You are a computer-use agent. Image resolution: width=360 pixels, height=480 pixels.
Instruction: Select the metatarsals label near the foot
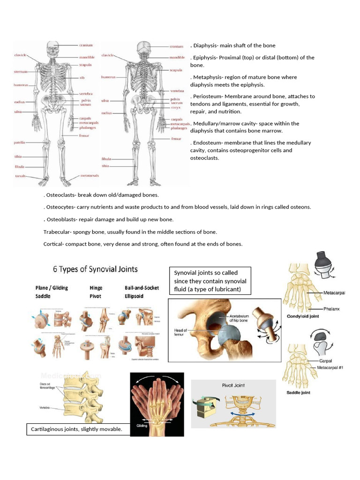90,176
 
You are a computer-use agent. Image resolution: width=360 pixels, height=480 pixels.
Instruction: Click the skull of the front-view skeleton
53,48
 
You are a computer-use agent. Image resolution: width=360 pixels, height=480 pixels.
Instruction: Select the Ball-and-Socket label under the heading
142,288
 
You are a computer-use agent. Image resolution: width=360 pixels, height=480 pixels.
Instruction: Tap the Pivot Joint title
233,385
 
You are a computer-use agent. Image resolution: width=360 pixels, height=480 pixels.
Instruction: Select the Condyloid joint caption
303,316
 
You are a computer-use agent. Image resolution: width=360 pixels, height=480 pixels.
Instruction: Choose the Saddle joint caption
298,392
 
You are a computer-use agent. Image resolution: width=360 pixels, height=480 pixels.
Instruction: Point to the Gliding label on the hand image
142,426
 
